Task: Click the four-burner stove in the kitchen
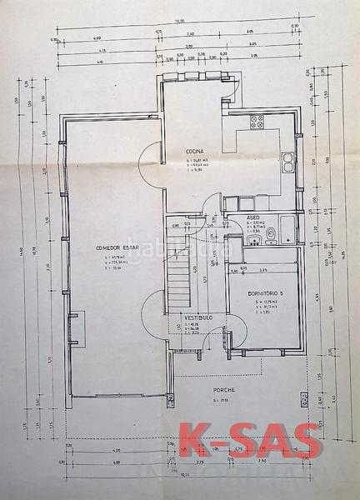pos(257,122)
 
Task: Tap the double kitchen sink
pos(288,160)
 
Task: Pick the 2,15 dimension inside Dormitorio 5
pos(263,270)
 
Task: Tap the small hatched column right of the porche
pos(304,400)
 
